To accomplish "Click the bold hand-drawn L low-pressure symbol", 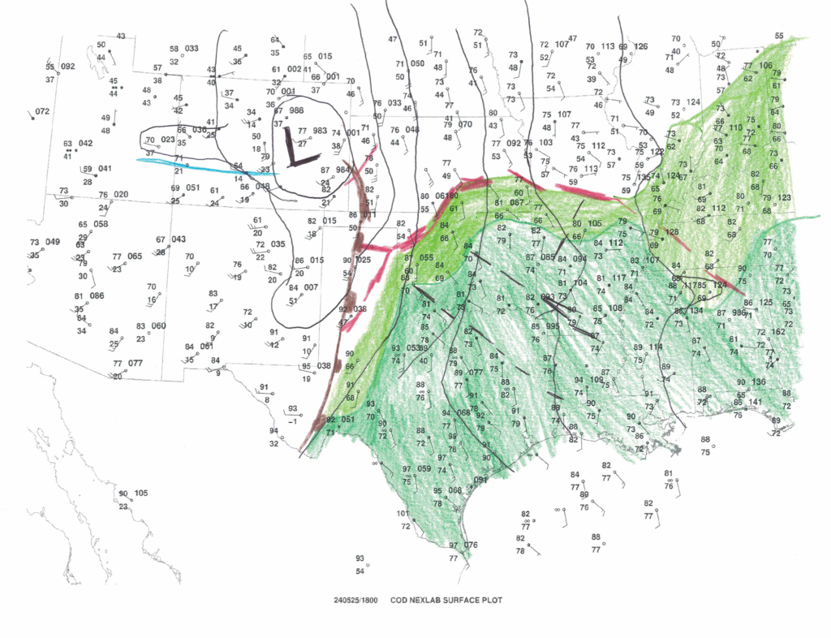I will (293, 149).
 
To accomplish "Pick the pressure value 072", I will (42, 111).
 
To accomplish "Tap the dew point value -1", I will (291, 421).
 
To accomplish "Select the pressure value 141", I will (756, 402).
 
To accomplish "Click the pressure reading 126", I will (641, 46).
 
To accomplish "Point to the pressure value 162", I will (777, 331).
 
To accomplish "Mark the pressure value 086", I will (97, 296).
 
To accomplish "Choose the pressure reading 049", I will (53, 242).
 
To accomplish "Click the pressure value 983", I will (320, 130).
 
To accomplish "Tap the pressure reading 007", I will (312, 287).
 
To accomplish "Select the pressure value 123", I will (784, 198).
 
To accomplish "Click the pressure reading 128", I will (672, 232).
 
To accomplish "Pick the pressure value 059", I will (424, 468).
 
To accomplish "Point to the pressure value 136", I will (759, 382).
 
